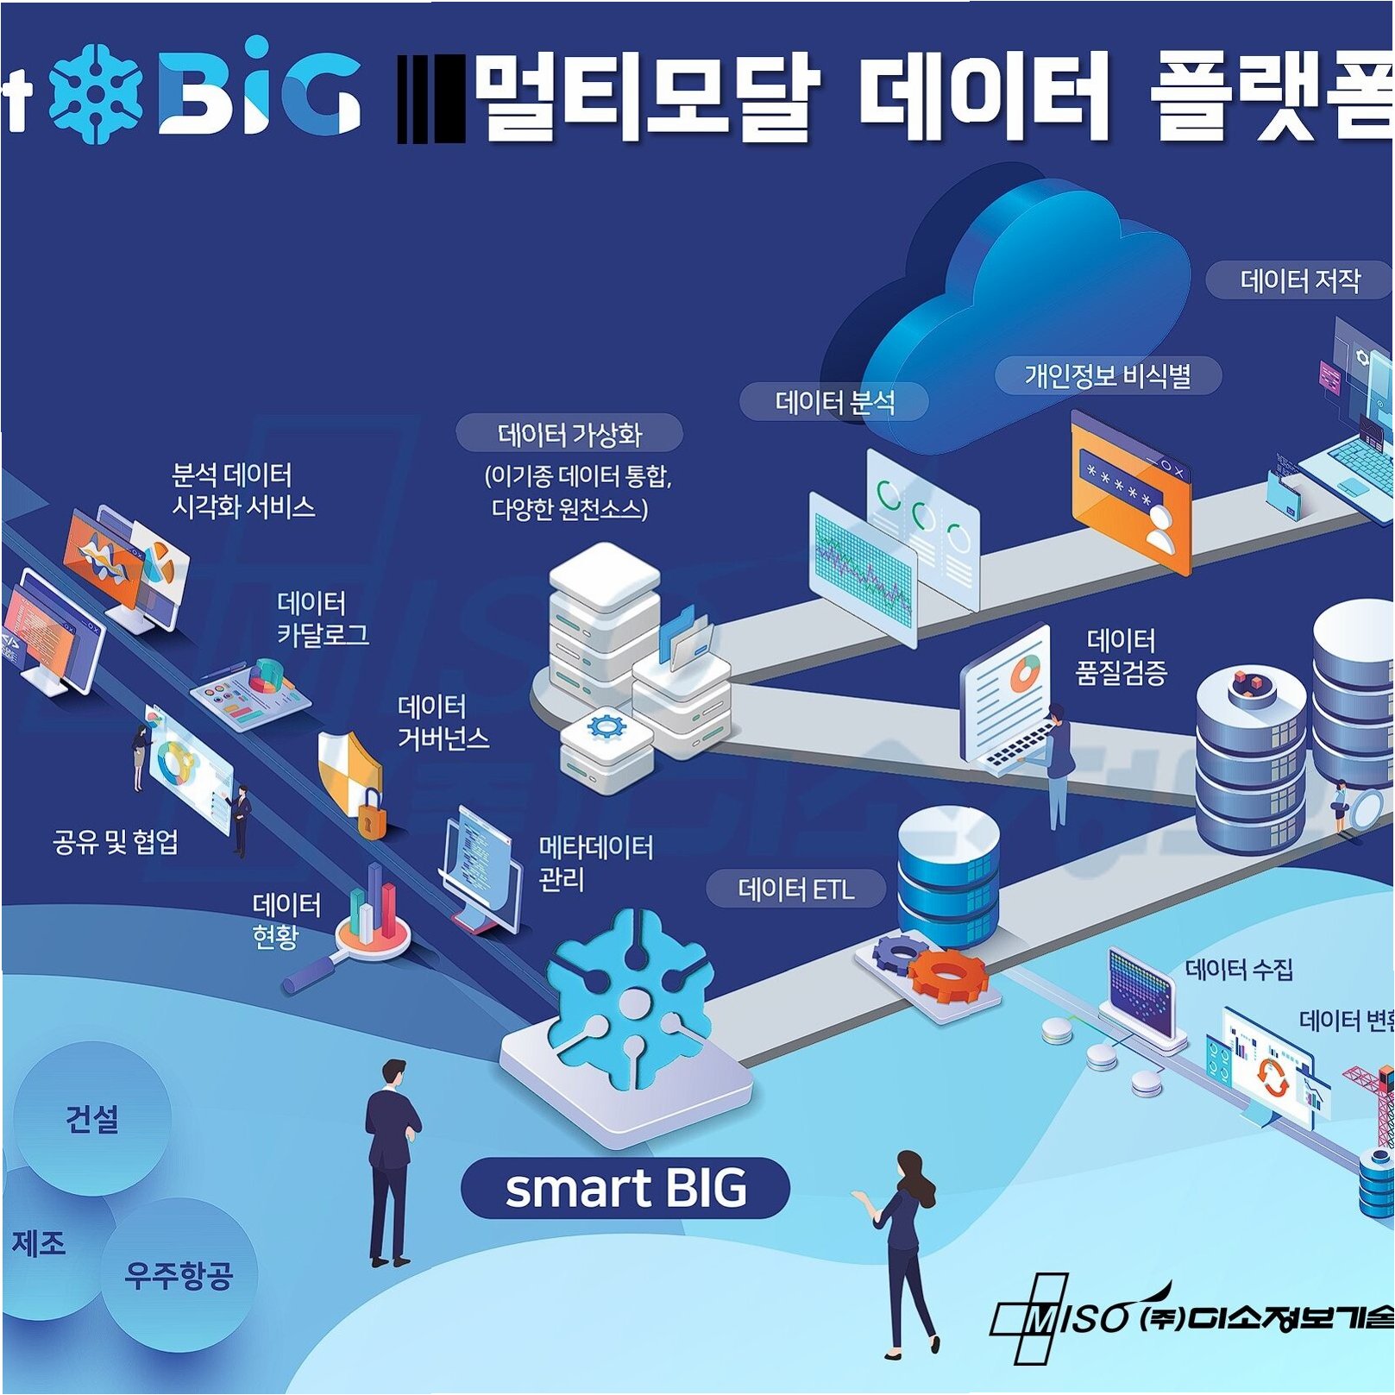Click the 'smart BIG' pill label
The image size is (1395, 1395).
(x=625, y=1188)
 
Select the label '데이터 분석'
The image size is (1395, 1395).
(x=834, y=402)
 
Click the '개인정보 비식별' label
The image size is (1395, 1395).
(x=1108, y=376)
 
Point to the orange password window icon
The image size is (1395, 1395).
(x=1130, y=492)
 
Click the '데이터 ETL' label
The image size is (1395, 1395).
(x=795, y=889)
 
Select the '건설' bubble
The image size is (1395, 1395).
(x=91, y=1119)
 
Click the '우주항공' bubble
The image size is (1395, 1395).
(x=179, y=1273)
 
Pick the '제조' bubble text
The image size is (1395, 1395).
(x=39, y=1243)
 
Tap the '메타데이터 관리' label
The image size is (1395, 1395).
(x=595, y=863)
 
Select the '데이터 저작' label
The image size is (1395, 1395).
(x=1299, y=281)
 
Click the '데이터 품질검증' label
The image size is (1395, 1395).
(x=1121, y=656)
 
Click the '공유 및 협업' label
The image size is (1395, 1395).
(x=116, y=842)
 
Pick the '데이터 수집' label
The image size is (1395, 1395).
(x=1239, y=970)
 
